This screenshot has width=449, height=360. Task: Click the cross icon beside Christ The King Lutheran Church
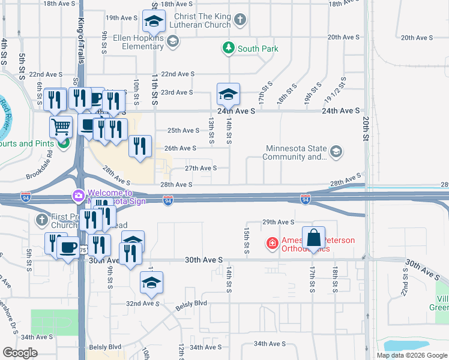click(x=240, y=20)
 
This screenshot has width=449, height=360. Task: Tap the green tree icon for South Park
click(x=228, y=49)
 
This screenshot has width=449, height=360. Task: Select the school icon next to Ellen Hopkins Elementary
click(x=173, y=41)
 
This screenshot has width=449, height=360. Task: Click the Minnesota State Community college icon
click(x=336, y=151)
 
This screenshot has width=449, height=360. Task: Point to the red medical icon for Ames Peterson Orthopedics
click(x=273, y=243)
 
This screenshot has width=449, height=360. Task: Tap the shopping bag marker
click(x=314, y=238)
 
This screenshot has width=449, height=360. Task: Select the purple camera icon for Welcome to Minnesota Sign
click(x=79, y=196)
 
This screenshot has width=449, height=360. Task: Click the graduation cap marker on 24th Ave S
click(x=228, y=95)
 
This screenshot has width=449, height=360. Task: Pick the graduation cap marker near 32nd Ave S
click(x=152, y=283)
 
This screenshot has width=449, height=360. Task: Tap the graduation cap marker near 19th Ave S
click(x=154, y=22)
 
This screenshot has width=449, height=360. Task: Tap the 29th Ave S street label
click(x=279, y=222)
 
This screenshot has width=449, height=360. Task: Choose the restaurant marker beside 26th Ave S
click(x=140, y=146)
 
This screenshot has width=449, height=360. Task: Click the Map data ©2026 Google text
click(x=411, y=355)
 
